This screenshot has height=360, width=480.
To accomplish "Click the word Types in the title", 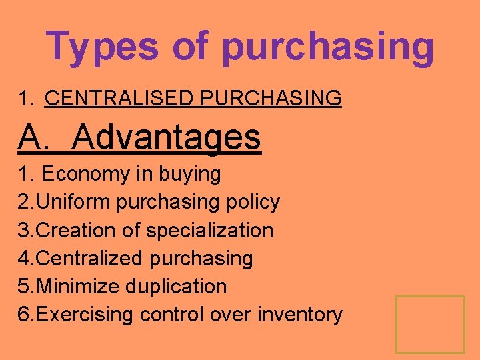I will (x=103, y=47).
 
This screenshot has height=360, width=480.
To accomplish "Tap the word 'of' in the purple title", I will (x=191, y=47).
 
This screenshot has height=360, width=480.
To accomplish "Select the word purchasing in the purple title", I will (x=328, y=48).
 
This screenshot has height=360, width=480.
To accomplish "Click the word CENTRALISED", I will (x=120, y=99).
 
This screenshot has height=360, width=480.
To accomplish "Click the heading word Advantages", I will (x=166, y=137).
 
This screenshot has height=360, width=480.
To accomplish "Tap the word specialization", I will (x=209, y=231).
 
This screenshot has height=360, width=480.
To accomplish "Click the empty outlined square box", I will (x=430, y=325).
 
